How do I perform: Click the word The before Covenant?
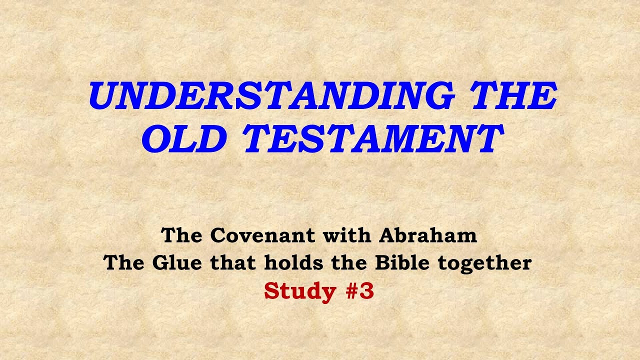coord(181,235)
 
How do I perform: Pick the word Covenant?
coord(263,235)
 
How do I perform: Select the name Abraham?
coord(428,235)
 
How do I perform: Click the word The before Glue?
coord(123,263)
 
